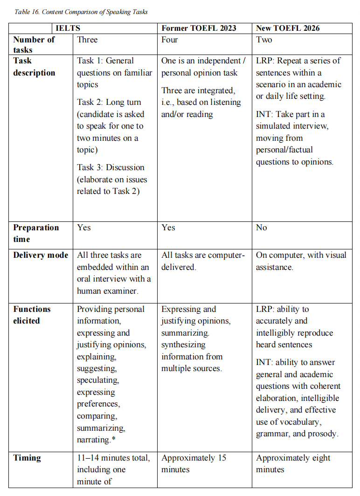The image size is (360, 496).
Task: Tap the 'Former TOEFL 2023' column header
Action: [x=199, y=28]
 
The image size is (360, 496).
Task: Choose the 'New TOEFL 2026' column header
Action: [x=288, y=28]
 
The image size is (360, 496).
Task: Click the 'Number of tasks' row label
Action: [x=34, y=45]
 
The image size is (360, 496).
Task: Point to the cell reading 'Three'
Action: [x=87, y=40]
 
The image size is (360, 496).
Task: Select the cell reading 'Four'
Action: [x=169, y=40]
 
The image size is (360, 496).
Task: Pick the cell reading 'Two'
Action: [x=264, y=40]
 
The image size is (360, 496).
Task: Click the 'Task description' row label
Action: [x=34, y=67]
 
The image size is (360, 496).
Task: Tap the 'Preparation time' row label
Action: [x=36, y=233]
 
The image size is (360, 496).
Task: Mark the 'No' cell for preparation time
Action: [x=261, y=227]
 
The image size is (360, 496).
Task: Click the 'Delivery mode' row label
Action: [x=41, y=255]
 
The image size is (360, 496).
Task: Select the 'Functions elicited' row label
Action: [x=32, y=315]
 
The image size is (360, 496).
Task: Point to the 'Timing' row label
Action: [x=27, y=458]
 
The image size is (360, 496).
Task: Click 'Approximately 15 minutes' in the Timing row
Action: [x=194, y=463]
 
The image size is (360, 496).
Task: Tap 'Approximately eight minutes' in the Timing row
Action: [x=293, y=463]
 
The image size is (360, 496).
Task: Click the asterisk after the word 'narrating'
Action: [x=113, y=439]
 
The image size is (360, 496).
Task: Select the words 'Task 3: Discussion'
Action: [x=111, y=167]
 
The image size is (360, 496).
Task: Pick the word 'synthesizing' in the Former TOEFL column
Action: [x=183, y=345]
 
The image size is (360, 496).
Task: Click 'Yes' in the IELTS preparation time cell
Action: [x=84, y=227]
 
